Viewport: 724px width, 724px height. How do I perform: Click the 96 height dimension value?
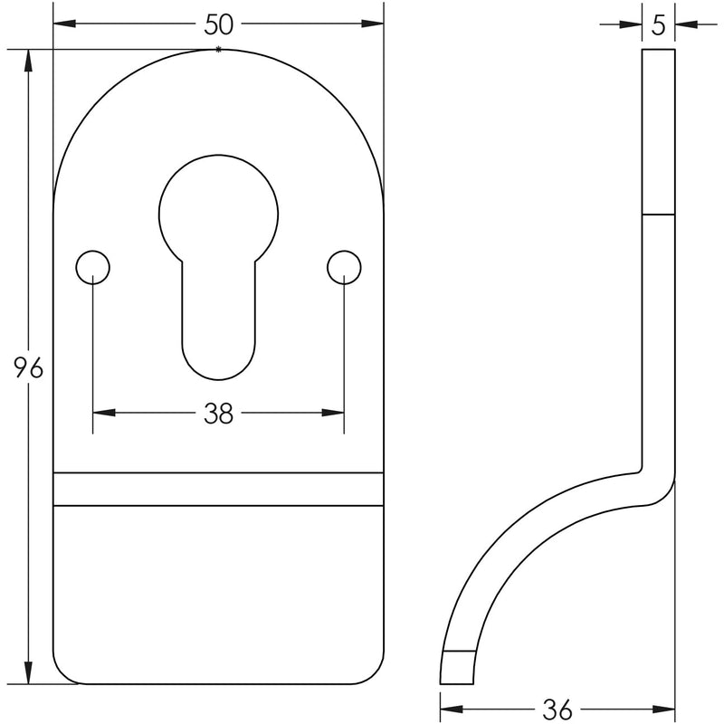(x=27, y=367)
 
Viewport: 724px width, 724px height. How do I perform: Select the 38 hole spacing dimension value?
(x=218, y=414)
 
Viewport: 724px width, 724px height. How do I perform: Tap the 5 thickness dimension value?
(x=658, y=25)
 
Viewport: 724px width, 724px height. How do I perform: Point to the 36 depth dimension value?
(x=557, y=709)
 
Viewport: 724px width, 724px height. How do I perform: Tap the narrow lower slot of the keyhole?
(x=218, y=326)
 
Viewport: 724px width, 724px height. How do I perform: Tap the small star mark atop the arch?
(x=217, y=49)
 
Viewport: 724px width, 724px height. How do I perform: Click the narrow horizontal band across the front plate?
(x=218, y=488)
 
